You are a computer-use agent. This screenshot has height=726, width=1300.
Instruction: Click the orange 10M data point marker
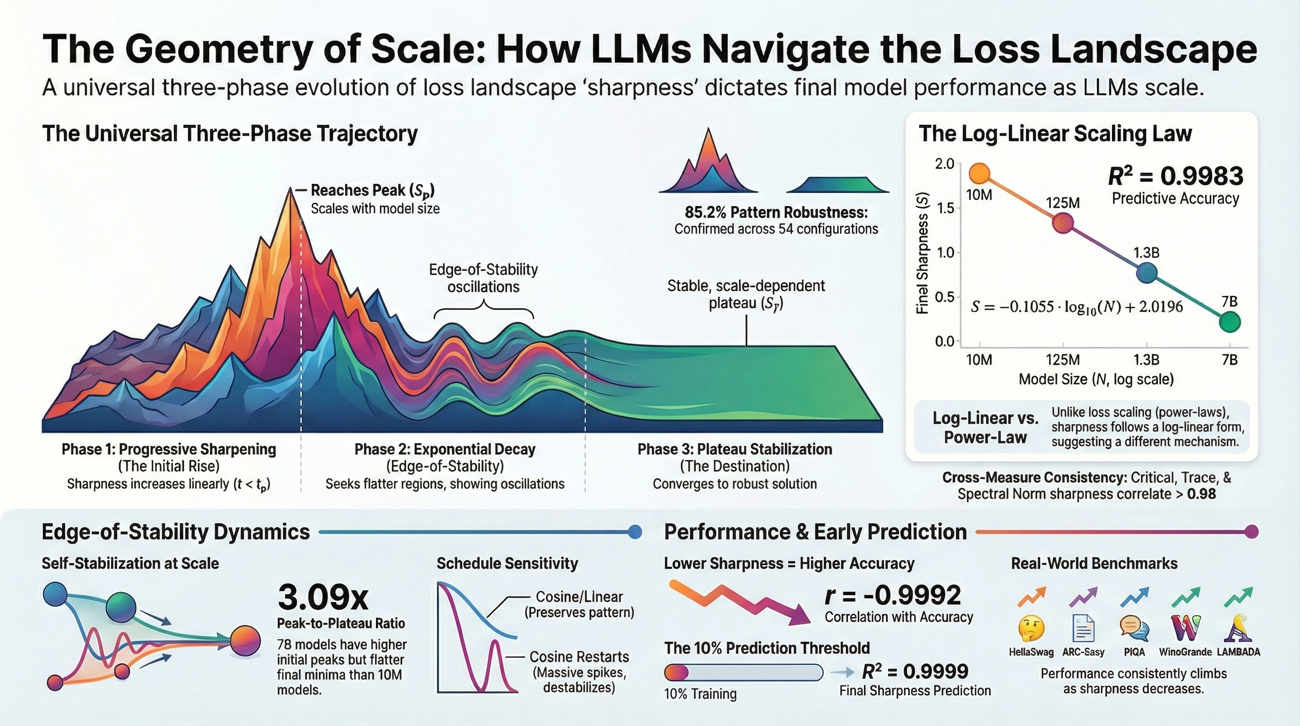coord(979,173)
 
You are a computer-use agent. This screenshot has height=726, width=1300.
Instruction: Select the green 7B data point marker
coord(1229,321)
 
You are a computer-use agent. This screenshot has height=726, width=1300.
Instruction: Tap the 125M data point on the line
coord(1063,223)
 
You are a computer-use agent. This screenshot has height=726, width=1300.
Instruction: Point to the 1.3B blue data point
coord(1146,273)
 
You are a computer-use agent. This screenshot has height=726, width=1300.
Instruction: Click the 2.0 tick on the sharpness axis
coord(944,164)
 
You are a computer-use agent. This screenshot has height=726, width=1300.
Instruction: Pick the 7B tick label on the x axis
coord(1229,360)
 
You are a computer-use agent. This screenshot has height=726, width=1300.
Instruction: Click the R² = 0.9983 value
coord(1175,176)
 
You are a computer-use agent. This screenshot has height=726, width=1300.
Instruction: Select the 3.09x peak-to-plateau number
coord(323,597)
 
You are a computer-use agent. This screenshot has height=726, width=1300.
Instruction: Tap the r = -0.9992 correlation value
coord(893,595)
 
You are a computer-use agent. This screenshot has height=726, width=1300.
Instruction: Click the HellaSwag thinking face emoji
coord(1031,629)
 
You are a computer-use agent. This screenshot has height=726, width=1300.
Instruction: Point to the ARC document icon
coord(1083,629)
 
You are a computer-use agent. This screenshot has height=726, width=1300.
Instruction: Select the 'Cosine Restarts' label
coord(579,657)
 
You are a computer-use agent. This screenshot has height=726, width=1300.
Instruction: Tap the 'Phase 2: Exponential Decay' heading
coord(445,449)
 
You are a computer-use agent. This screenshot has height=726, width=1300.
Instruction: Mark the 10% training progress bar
coord(743,673)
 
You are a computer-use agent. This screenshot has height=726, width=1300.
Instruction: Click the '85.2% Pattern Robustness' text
coord(776,212)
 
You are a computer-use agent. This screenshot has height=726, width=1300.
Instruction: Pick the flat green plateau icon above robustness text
coord(837,185)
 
